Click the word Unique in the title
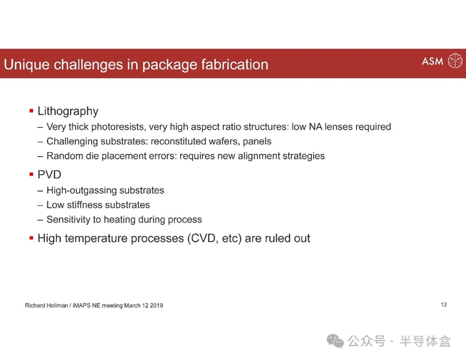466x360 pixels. pos(26,65)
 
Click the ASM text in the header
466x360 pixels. pos(432,61)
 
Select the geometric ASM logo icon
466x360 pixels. pos(455,61)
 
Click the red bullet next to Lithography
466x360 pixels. pos(31,111)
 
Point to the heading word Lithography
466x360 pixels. pos(68,111)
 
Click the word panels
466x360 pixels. pos(257,142)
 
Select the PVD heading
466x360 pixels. pos(50,175)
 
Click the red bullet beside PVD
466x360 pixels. pos(31,174)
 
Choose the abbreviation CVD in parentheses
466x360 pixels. pos(203,238)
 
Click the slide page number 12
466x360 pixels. pos(444,305)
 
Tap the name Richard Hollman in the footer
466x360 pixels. pos(47,305)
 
